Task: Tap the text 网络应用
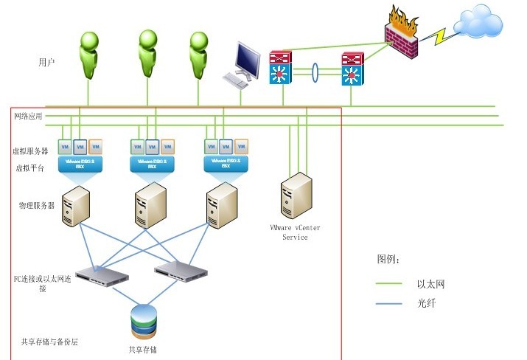(28, 117)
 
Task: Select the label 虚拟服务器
(30, 150)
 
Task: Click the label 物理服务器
(37, 205)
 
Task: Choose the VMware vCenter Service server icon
(295, 195)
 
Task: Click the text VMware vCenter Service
(295, 232)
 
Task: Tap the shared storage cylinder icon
(144, 321)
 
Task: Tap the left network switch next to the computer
(281, 67)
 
